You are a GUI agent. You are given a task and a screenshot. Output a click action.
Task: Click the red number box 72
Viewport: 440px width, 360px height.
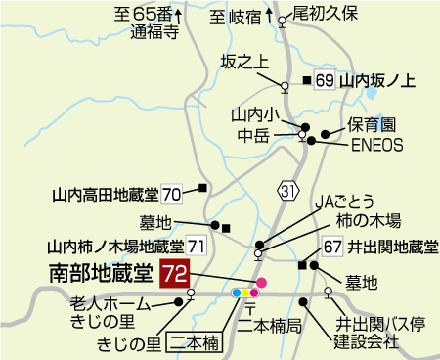(x=174, y=274)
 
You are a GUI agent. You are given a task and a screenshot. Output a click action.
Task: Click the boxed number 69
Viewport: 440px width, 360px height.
(x=326, y=81)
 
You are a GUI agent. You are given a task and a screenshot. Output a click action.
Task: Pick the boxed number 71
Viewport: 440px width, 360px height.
(x=197, y=246)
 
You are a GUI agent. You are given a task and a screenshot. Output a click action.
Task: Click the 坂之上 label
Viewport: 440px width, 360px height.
(x=243, y=62)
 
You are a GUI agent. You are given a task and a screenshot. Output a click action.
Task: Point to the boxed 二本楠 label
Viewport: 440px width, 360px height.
(x=196, y=342)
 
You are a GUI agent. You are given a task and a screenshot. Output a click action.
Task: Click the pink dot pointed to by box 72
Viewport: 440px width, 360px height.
(x=261, y=283)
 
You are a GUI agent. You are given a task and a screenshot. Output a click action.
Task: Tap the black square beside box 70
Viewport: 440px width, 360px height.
(x=203, y=187)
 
